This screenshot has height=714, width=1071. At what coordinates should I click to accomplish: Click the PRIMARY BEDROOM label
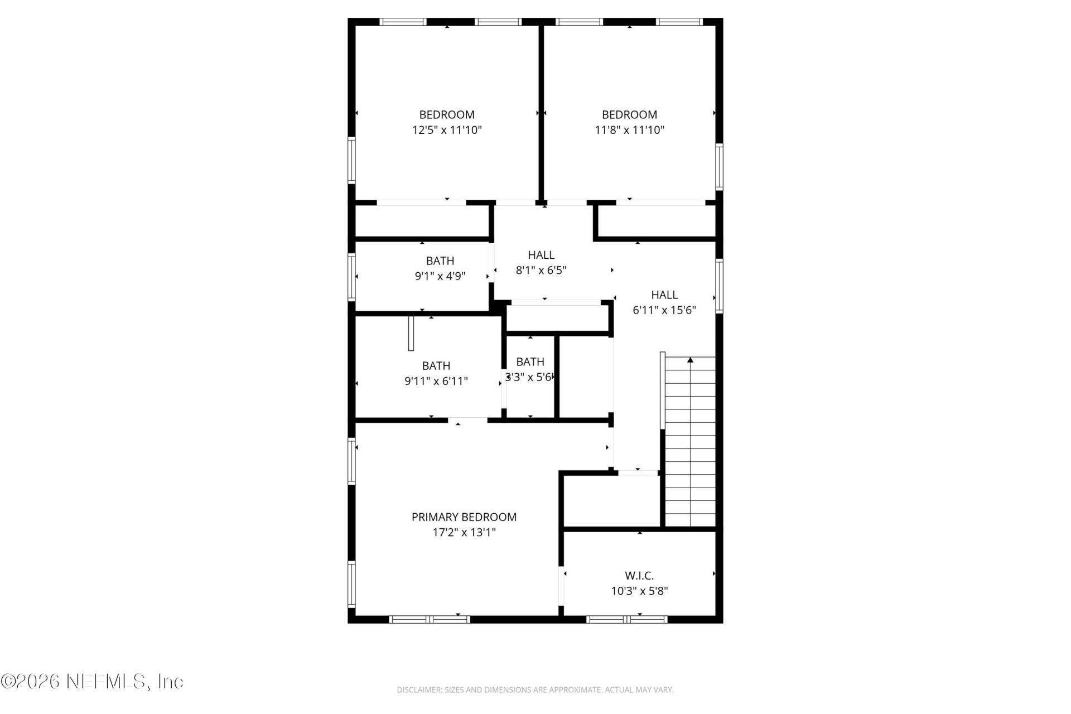pyautogui.click(x=464, y=517)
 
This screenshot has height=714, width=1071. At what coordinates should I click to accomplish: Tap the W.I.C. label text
pyautogui.click(x=639, y=575)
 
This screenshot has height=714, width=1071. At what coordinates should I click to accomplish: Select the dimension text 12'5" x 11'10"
pyautogui.click(x=447, y=130)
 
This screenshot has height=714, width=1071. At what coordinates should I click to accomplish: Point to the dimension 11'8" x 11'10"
pyautogui.click(x=629, y=130)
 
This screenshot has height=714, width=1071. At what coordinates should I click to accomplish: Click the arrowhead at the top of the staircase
pyautogui.click(x=690, y=360)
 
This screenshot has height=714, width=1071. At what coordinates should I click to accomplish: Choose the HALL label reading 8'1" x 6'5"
pyautogui.click(x=541, y=255)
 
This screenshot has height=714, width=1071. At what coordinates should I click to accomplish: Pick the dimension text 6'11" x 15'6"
pyautogui.click(x=664, y=310)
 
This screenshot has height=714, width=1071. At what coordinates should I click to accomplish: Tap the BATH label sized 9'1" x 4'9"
pyautogui.click(x=440, y=260)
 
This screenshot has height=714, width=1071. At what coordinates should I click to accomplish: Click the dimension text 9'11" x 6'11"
pyautogui.click(x=436, y=381)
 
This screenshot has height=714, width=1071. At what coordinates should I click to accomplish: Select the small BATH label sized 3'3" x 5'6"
pyautogui.click(x=530, y=361)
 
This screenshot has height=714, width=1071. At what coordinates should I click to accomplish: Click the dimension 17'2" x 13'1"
pyautogui.click(x=464, y=532)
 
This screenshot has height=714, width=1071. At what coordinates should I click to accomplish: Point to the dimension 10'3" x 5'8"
pyautogui.click(x=639, y=591)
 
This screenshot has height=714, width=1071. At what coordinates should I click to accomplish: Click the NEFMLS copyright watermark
pyautogui.click(x=92, y=681)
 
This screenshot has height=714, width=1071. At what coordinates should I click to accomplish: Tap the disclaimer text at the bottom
pyautogui.click(x=535, y=690)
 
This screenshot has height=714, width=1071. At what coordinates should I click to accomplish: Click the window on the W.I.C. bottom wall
pyautogui.click(x=627, y=619)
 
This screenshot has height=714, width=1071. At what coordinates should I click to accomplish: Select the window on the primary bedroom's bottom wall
pyautogui.click(x=429, y=619)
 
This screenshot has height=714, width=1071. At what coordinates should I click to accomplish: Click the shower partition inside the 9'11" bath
pyautogui.click(x=411, y=334)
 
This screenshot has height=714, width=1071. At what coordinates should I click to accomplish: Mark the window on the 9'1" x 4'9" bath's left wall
pyautogui.click(x=351, y=277)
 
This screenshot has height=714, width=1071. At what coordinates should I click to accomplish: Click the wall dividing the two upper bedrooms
pyautogui.click(x=541, y=112)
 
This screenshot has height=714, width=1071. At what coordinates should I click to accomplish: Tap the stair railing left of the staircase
pyautogui.click(x=662, y=390)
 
